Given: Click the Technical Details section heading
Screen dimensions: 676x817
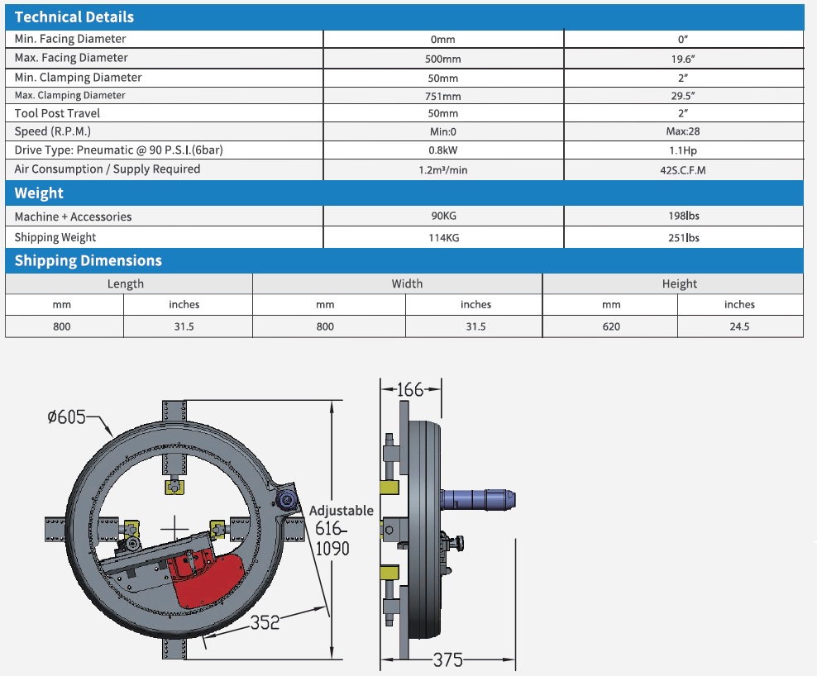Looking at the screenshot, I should pos(74,17).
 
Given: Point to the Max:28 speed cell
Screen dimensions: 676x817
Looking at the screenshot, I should pos(683,132).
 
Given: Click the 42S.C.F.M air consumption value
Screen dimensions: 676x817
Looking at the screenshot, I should pos(683,169).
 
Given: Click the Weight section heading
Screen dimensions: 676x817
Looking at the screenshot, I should pos(39,193).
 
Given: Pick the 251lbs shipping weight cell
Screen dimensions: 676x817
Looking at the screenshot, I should pos(683,238).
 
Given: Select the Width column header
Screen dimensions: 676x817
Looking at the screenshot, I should pos(407,283).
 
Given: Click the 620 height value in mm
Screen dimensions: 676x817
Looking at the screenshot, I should pos(610,326).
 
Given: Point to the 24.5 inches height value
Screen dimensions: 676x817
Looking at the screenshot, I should pos(739,326).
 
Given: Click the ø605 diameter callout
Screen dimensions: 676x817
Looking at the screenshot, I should pos(67,418).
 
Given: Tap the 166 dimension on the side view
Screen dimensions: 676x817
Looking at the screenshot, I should pos(410,388).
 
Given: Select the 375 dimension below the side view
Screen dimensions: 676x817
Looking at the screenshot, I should pos(447,659).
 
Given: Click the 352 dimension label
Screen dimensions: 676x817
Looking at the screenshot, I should pos(265,621).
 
